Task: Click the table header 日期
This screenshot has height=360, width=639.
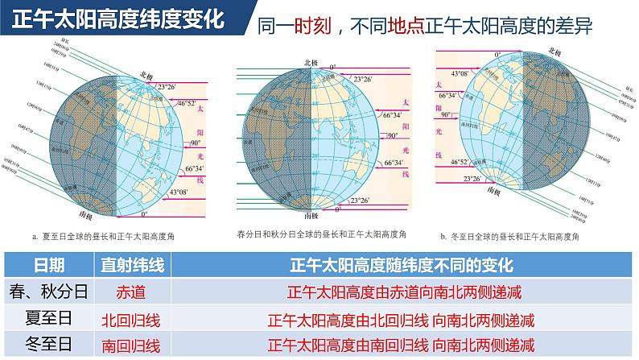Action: pyautogui.click(x=48, y=266)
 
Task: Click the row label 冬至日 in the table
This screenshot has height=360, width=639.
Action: pyautogui.click(x=47, y=345)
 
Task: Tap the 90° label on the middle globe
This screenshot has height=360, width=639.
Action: pyautogui.click(x=393, y=137)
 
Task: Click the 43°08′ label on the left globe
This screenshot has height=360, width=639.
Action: pyautogui.click(x=182, y=192)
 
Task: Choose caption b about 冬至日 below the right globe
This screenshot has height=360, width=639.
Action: pyautogui.click(x=517, y=236)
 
